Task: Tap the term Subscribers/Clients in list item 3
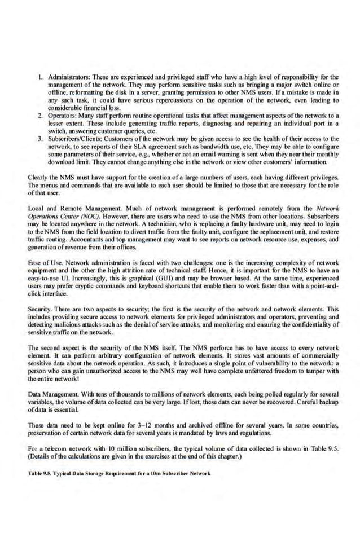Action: pyautogui.click(x=71, y=138)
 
